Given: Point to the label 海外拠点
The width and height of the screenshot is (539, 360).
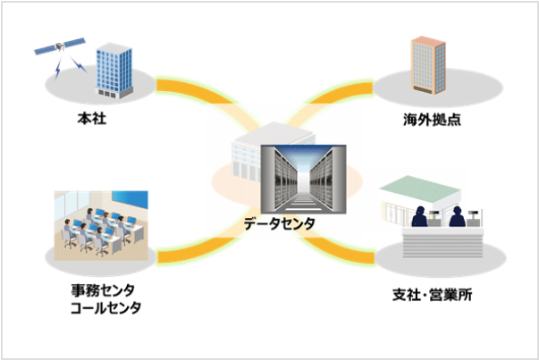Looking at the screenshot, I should [431, 117].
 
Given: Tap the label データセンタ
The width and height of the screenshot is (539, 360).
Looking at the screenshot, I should [278, 224].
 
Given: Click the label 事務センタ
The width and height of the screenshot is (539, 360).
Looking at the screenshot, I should [105, 291].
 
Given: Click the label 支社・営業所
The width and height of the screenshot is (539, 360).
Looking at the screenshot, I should [433, 294].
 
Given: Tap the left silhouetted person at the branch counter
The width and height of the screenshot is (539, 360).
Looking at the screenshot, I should [419, 217].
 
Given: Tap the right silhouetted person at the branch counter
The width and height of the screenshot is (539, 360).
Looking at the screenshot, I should [455, 217].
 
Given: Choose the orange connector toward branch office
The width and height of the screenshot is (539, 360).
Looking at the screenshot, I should [352, 254].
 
